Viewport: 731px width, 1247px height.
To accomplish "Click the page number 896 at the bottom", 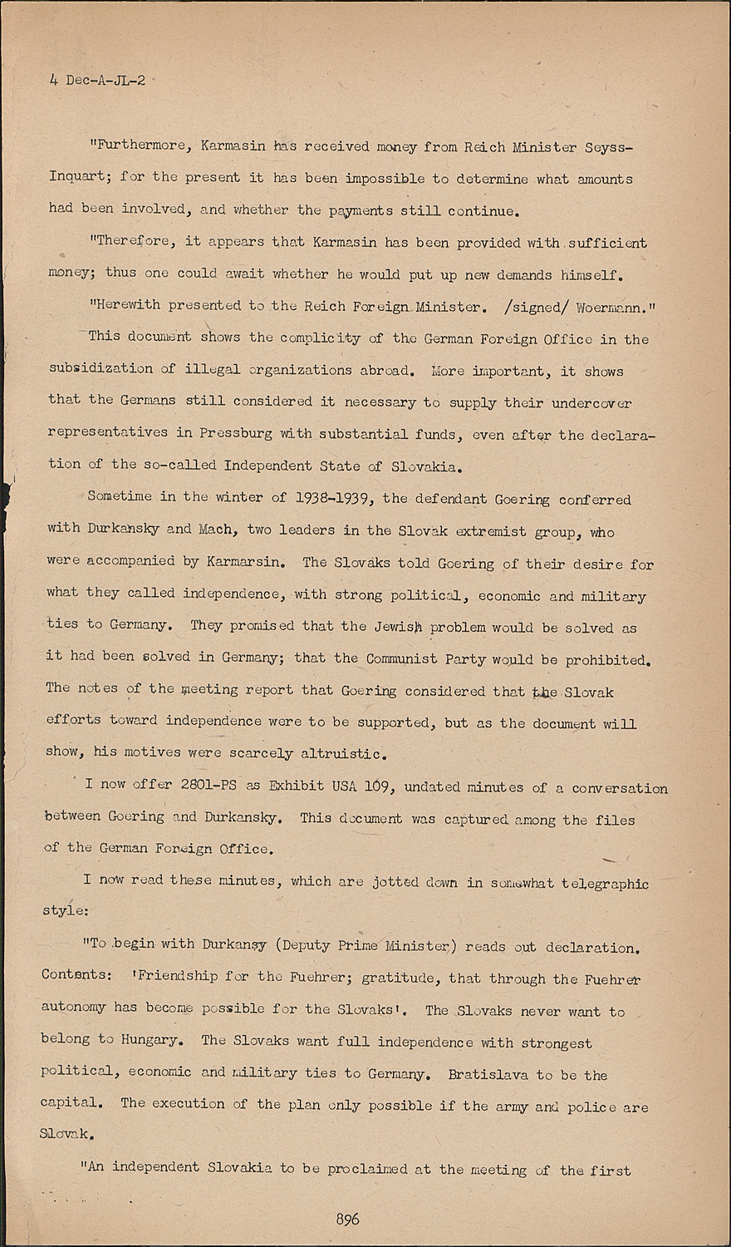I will coord(347,1219).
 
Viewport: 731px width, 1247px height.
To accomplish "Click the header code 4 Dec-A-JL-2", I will coord(97,81).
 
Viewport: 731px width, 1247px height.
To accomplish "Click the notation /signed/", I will coord(540,306).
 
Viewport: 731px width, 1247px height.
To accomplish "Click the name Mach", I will coord(218,530).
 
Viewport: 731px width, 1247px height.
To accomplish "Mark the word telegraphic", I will coord(605,883).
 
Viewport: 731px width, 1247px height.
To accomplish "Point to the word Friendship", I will coord(177,976).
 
